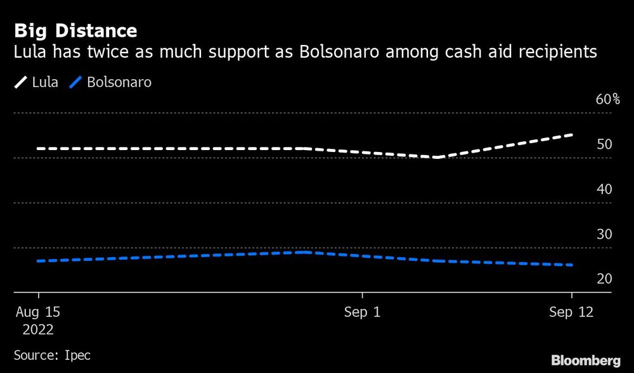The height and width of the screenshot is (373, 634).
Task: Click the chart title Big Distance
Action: pos(75,30)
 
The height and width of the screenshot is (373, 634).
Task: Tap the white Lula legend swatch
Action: pos(21,82)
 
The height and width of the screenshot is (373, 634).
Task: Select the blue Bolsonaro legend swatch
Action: pos(75,82)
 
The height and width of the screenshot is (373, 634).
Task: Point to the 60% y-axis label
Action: pos(607,99)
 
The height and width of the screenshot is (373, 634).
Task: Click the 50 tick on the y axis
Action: pos(604,144)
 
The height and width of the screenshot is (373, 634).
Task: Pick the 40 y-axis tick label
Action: pos(604,189)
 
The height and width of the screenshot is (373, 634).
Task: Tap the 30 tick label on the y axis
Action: pos(604,234)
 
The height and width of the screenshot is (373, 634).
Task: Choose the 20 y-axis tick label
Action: pos(604,279)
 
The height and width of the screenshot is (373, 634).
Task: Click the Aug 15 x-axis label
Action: pos(39,313)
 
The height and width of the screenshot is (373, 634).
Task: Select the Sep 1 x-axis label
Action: pos(362,313)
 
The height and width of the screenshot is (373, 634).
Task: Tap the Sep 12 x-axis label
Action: pos(572,313)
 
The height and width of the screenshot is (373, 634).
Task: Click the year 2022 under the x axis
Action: pos(39,330)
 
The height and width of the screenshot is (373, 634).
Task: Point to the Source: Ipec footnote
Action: pos(52,355)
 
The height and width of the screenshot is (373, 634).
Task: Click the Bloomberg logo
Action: pos(585,361)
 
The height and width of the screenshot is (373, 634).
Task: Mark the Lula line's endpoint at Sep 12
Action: pos(572,135)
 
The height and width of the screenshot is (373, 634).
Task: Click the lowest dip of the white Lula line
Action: pos(437,157)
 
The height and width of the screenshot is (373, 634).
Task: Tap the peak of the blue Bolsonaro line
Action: pos(306,252)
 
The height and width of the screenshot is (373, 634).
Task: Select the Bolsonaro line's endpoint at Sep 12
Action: pos(572,265)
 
